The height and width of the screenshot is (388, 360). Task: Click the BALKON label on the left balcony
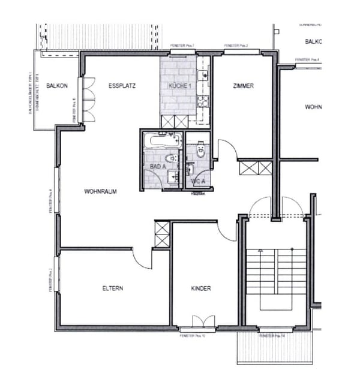click(x=58, y=86)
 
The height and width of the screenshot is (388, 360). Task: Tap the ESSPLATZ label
click(x=122, y=86)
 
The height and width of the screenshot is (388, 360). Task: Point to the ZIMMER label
click(x=243, y=86)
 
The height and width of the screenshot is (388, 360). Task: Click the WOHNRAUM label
click(x=100, y=192)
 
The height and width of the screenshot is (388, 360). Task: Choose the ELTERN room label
click(x=112, y=288)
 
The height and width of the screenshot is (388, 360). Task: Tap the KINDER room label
click(x=201, y=288)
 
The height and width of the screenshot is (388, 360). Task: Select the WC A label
click(x=198, y=181)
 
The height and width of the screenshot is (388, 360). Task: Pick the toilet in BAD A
click(x=173, y=159)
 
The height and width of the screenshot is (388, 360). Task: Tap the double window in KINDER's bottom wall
click(x=199, y=323)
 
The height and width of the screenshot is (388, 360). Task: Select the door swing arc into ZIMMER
click(x=227, y=150)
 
